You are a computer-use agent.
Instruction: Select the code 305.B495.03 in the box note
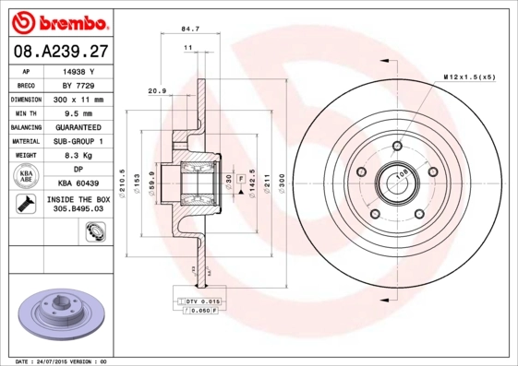78,210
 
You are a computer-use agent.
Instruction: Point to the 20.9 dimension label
157,90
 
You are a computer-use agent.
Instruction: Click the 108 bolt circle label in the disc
403,173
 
